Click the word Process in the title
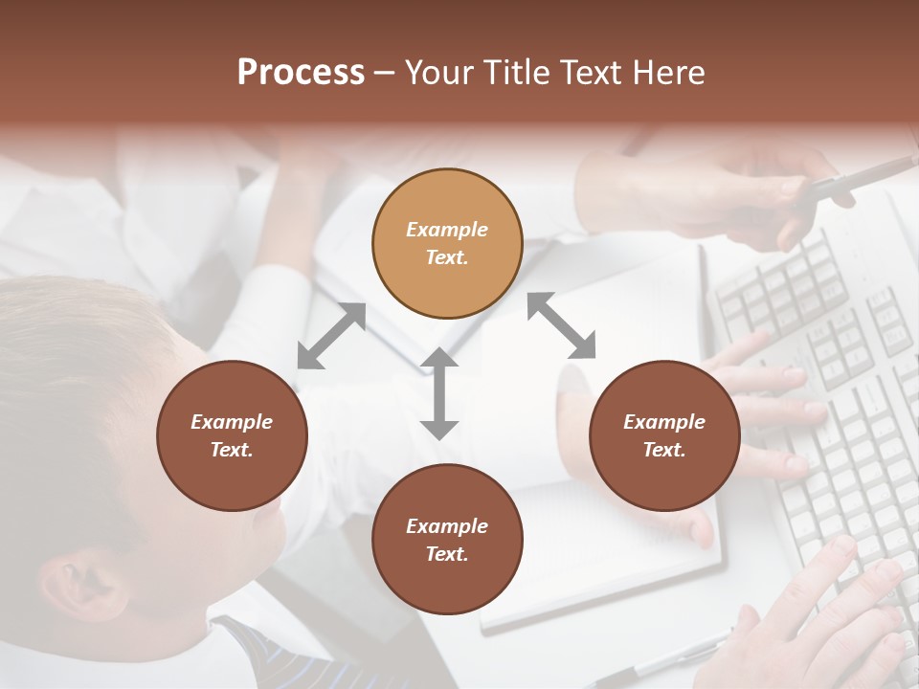click(301, 73)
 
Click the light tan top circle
click(447, 243)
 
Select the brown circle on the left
click(232, 435)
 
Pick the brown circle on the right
click(664, 435)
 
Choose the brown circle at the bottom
click(447, 540)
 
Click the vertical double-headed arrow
click(438, 393)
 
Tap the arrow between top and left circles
click(331, 335)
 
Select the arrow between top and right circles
click(562, 325)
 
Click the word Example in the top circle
click(447, 230)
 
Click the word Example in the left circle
click(232, 422)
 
